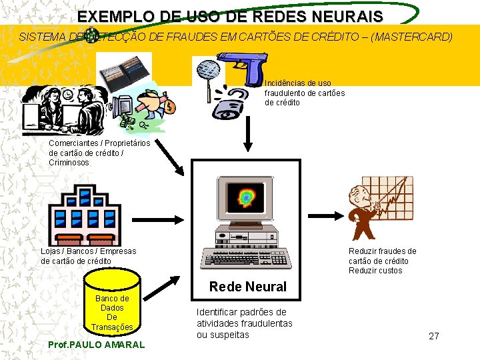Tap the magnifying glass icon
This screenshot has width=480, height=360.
click(x=208, y=71)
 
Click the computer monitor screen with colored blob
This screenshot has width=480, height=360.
click(x=247, y=197)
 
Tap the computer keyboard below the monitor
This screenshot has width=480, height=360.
click(x=247, y=257)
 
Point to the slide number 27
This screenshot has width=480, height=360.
click(x=434, y=336)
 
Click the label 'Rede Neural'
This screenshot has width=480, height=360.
click(x=248, y=287)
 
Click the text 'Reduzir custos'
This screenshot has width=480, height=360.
click(x=375, y=271)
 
